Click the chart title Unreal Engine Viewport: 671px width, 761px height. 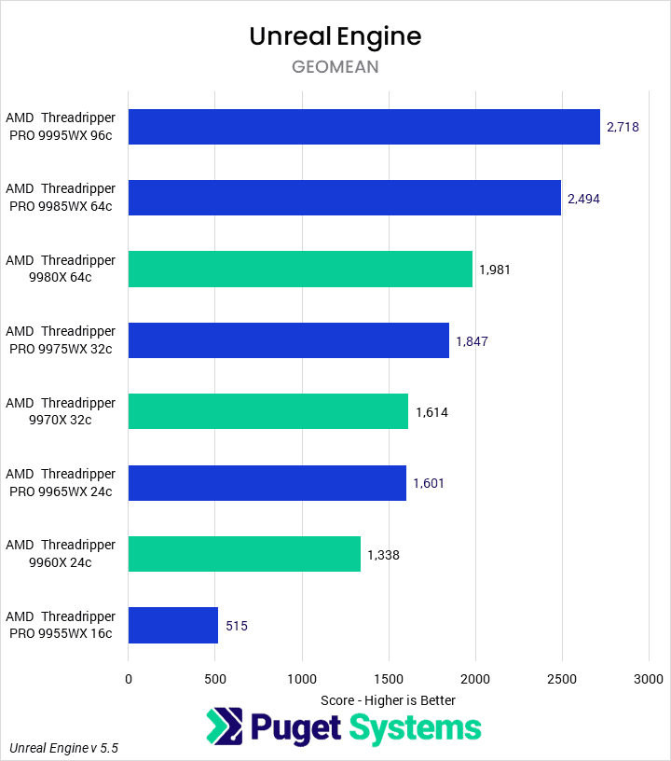click(x=335, y=36)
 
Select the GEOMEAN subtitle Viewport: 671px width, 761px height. click(x=335, y=67)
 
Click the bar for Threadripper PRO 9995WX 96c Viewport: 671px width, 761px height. click(x=363, y=127)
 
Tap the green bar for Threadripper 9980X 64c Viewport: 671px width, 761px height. click(x=300, y=270)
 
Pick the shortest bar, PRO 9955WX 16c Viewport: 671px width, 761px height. click(x=173, y=626)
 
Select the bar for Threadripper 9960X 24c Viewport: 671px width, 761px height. click(x=244, y=554)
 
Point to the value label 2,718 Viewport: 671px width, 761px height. click(x=623, y=127)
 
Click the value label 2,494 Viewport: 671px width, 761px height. click(x=583, y=198)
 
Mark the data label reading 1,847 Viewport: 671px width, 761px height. click(x=472, y=341)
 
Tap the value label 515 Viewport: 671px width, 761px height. click(x=237, y=626)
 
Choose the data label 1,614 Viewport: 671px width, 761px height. click(x=431, y=412)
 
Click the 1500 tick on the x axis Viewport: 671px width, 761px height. click(x=389, y=679)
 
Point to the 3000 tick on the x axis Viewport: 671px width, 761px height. click(x=649, y=679)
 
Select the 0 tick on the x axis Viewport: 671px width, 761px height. click(x=129, y=679)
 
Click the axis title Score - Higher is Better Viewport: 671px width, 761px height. click(x=388, y=699)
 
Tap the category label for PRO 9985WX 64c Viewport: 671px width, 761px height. click(x=61, y=198)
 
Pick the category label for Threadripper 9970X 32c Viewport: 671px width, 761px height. click(x=61, y=412)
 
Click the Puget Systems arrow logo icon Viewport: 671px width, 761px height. click(x=224, y=727)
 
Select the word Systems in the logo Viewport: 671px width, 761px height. click(x=415, y=727)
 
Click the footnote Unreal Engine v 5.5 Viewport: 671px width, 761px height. click(x=64, y=748)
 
